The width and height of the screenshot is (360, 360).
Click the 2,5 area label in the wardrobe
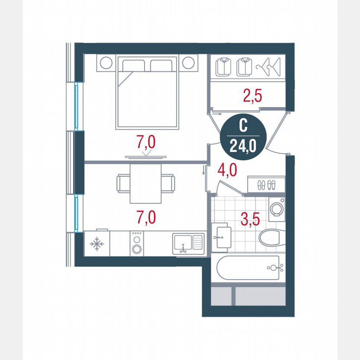pyautogui.click(x=252, y=96)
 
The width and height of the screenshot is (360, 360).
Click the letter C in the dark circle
pyautogui.click(x=242, y=125)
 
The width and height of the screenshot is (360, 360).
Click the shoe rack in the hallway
pyautogui.click(x=266, y=184)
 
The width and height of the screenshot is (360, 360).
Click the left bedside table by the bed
pyautogui.click(x=106, y=63)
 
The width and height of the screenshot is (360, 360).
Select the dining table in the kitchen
pyautogui.click(x=145, y=183)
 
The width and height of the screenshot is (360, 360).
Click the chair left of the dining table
pyautogui.click(x=124, y=183)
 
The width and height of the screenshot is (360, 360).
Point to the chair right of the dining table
pyautogui.click(x=167, y=183)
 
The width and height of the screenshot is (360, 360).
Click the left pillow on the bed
pyautogui.click(x=133, y=66)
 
